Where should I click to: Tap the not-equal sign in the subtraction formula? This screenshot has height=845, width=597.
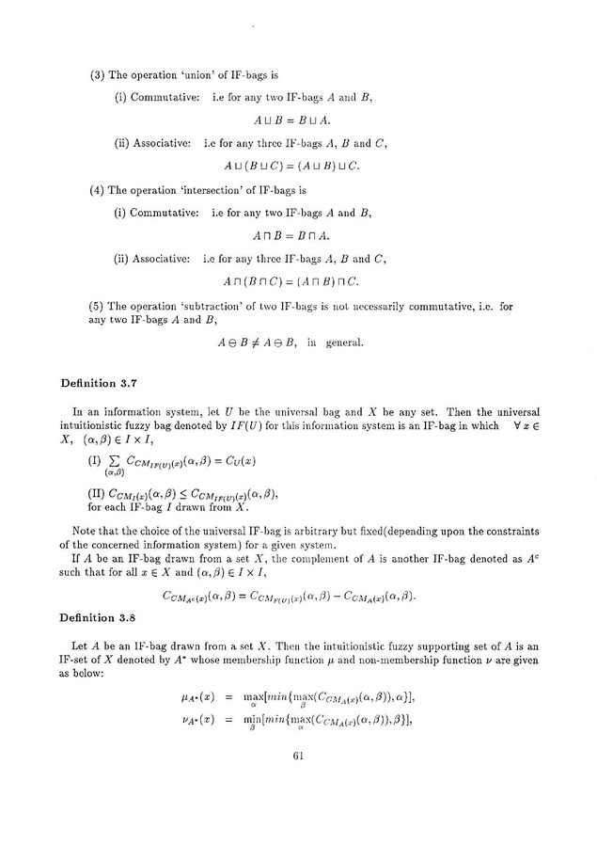click(272, 343)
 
